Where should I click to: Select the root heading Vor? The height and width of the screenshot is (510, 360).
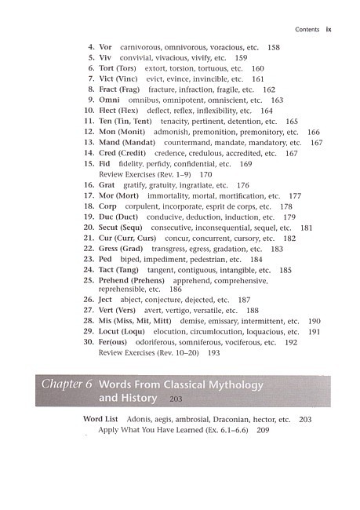coord(106,48)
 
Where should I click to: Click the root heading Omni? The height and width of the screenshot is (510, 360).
coord(109,100)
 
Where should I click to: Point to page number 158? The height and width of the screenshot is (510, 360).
coord(274,48)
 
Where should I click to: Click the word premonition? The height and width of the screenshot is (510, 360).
coord(213,133)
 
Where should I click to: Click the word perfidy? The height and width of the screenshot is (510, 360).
coord(167,164)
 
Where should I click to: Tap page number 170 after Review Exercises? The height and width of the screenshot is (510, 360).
coord(206,174)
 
